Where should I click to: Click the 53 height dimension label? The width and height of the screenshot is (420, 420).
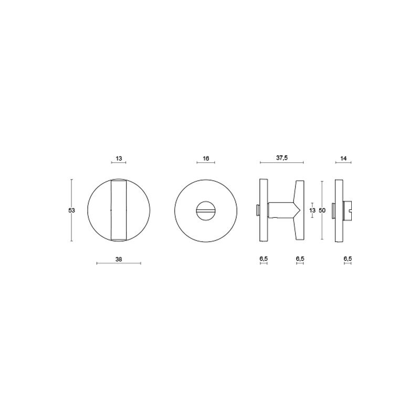coord(71,211)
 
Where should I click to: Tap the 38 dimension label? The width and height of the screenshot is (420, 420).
coord(119,259)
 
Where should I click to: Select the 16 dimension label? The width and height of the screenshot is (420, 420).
coord(206,159)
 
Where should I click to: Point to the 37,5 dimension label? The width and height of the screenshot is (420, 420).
coord(282,158)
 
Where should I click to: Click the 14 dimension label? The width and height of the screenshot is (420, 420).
coord(343,159)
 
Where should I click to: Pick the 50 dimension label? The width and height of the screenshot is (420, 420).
coord(322,211)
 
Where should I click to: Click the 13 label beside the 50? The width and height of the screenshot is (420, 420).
coord(312,211)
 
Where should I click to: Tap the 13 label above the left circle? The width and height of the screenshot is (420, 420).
coord(119,159)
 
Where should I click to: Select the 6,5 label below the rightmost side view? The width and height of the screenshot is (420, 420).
coord(348,259)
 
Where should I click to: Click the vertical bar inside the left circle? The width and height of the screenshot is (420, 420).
coord(119,211)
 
